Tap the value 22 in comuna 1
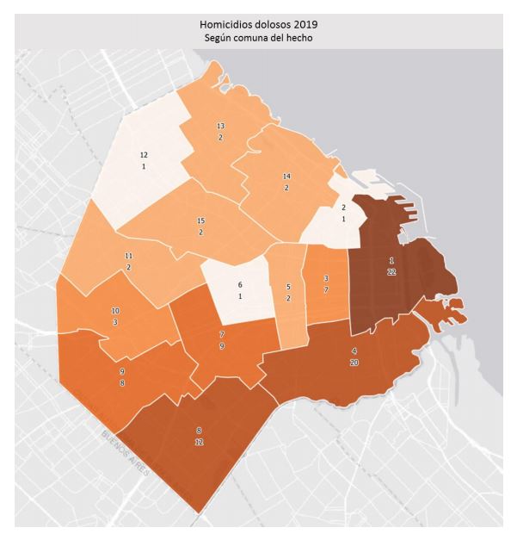[391, 270]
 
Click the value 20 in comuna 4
[354, 363]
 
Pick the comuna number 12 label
[144, 154]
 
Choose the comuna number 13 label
[220, 126]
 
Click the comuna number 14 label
[286, 176]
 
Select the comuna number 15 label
[200, 221]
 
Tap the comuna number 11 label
[129, 257]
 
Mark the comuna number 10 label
[115, 310]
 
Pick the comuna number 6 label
[240, 285]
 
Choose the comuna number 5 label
[288, 287]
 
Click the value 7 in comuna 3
[325, 290]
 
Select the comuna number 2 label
[343, 208]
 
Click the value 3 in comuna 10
[115, 321]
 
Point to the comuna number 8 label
[199, 429]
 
